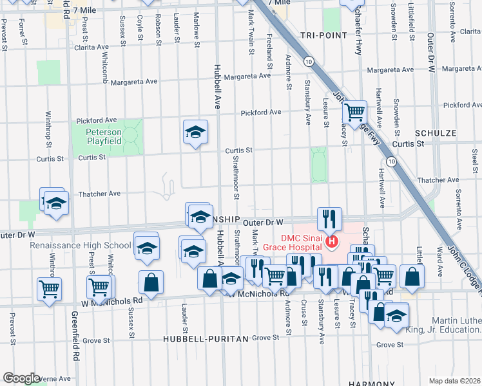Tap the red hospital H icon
tap(331, 242)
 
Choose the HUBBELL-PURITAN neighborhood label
tap(206, 338)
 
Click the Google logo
tap(21, 378)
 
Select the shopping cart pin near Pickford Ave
tap(354, 113)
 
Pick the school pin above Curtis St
tap(195, 133)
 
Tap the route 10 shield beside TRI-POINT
tap(310, 62)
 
